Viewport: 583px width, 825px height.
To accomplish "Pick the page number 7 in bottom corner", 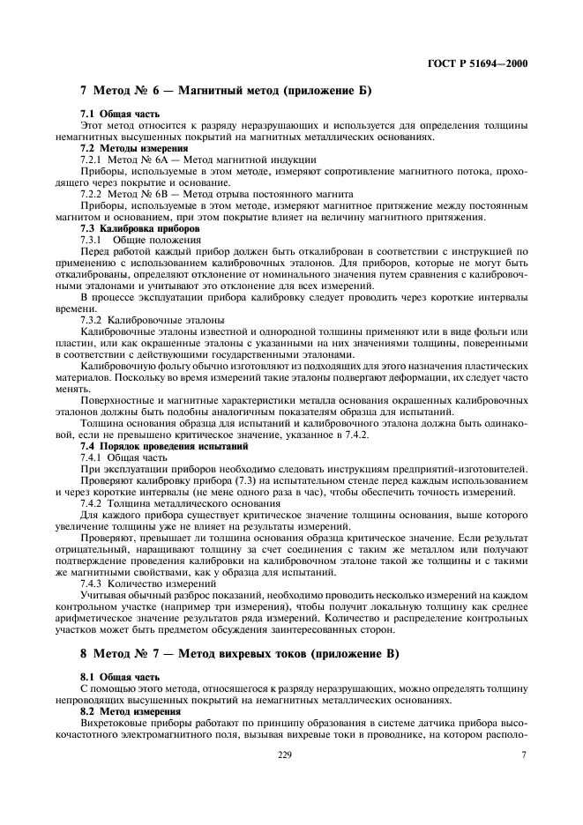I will click(x=523, y=754).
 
